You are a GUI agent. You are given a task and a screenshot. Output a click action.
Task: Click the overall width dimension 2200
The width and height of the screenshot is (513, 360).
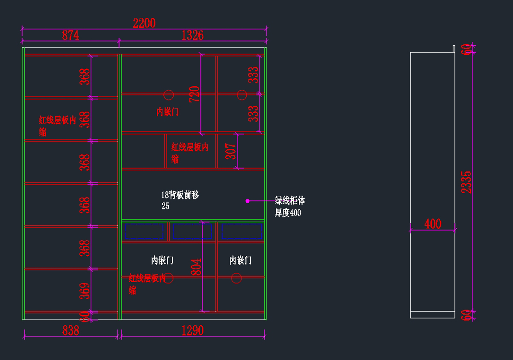(144, 23)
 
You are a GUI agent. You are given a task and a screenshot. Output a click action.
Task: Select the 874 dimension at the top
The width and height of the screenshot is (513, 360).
(71, 35)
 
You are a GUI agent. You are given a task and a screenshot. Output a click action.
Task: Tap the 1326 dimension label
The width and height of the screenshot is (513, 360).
(192, 35)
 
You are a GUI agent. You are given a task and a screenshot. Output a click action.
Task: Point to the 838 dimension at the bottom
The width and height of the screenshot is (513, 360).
(71, 330)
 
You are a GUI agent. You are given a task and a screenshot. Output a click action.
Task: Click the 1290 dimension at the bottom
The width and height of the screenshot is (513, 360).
(192, 330)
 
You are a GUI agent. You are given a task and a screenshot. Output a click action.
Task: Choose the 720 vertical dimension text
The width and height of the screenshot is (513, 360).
(195, 94)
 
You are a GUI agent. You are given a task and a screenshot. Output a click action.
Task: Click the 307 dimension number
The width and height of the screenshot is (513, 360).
(231, 151)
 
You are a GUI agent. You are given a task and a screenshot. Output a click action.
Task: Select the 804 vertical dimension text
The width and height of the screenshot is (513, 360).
(196, 267)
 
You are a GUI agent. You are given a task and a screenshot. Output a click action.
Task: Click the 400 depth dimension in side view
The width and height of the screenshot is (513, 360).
(433, 224)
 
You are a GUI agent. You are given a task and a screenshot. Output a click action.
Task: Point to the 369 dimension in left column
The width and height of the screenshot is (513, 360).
(85, 291)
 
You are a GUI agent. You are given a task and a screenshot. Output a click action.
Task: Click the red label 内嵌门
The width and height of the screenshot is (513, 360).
(168, 112)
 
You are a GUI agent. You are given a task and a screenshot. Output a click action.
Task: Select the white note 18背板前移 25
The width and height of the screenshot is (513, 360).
(180, 200)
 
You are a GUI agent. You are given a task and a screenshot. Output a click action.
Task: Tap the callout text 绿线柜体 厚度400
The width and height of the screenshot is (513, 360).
(290, 207)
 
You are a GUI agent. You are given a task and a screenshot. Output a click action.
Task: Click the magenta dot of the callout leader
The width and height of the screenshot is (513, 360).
(247, 201)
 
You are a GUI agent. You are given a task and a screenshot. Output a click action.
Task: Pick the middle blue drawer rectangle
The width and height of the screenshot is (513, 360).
(192, 231)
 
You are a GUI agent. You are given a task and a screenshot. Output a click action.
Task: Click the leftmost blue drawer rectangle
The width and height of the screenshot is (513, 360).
(144, 231)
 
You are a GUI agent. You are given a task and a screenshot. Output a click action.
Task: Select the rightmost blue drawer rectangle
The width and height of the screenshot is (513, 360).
(242, 231)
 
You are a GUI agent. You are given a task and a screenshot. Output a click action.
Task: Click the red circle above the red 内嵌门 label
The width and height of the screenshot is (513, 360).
(168, 94)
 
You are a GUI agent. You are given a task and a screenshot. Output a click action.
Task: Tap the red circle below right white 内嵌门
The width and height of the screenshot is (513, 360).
(236, 278)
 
